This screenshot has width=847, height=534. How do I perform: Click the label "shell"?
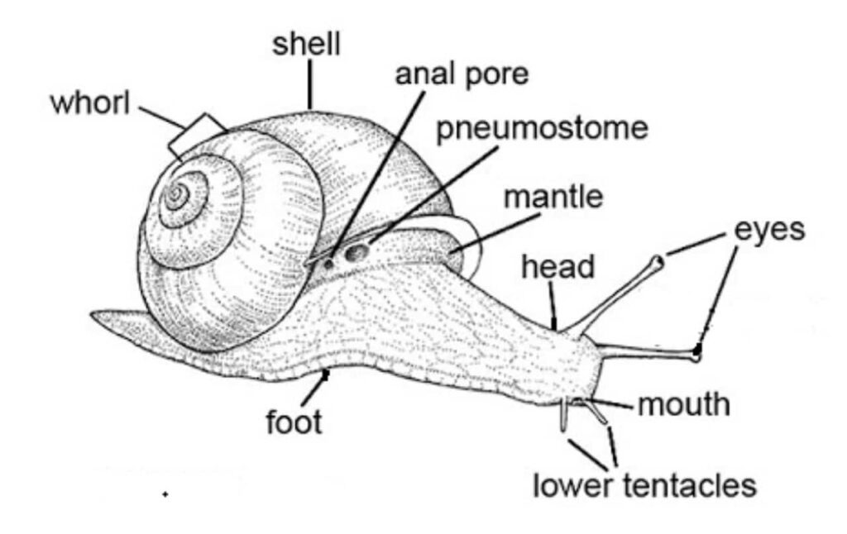coord(306,45)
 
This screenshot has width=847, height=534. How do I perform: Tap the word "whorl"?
coord(91,106)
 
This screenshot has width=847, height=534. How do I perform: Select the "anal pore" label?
coord(461,74)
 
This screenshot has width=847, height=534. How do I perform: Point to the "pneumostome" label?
coord(542,130)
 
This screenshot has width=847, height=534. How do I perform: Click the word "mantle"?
coord(553,198)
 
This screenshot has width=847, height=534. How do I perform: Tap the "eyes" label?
coord(769,230)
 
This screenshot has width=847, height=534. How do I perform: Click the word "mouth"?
coord(684,405)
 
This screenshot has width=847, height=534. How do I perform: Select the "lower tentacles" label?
coord(644,485)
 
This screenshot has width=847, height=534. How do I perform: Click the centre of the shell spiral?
coord(175,196)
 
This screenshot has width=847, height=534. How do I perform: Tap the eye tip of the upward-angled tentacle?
coord(658,263)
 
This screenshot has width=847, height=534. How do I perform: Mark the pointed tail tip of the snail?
coord(94,315)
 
